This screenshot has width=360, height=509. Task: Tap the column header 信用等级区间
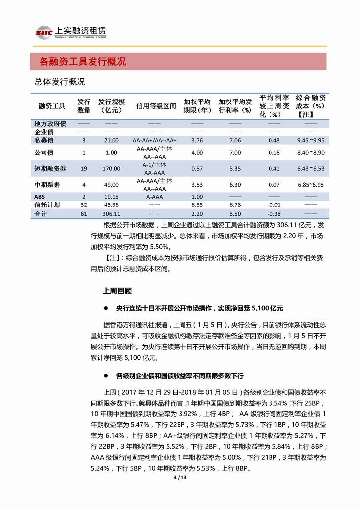(156, 106)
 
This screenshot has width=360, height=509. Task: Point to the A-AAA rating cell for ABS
(155, 196)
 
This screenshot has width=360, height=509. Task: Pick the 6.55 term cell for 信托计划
(197, 204)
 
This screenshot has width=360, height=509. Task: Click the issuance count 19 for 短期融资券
(84, 168)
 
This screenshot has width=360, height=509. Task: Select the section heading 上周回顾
(117, 289)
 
